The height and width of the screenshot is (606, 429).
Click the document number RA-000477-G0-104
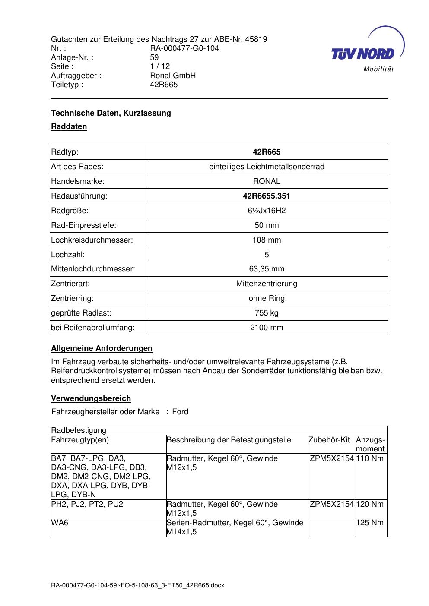click(x=184, y=48)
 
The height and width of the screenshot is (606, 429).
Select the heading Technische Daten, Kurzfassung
click(x=111, y=113)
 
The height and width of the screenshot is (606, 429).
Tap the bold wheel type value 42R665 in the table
click(x=267, y=152)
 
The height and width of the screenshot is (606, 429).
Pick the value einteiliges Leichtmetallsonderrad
click(x=267, y=167)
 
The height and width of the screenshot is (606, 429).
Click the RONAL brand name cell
click(x=267, y=181)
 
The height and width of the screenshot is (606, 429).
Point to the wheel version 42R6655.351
click(x=267, y=196)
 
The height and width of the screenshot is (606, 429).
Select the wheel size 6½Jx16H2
click(x=267, y=211)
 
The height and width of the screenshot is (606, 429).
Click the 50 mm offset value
click(x=267, y=225)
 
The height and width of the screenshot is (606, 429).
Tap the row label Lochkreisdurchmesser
click(x=92, y=240)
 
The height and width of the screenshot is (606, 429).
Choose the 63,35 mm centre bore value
click(x=267, y=269)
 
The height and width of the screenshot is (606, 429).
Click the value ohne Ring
click(x=267, y=298)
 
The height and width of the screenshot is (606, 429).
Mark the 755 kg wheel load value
click(x=267, y=313)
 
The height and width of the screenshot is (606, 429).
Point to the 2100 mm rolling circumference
click(x=267, y=328)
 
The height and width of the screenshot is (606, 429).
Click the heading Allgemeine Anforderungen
click(x=102, y=348)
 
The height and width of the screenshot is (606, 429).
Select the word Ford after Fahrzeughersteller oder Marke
click(x=180, y=412)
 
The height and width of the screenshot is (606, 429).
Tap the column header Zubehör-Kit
click(x=329, y=440)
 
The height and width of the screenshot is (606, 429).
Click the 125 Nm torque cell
click(x=370, y=523)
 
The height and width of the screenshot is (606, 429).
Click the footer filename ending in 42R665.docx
click(x=137, y=586)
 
